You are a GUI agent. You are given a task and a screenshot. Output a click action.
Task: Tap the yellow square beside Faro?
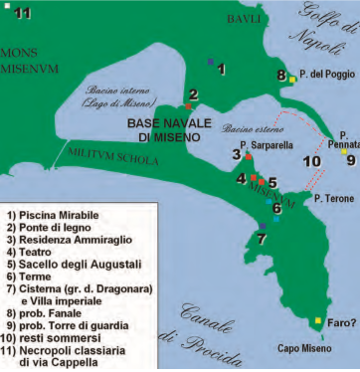point(317,321)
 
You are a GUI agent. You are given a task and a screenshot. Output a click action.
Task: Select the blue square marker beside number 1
point(209,62)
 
